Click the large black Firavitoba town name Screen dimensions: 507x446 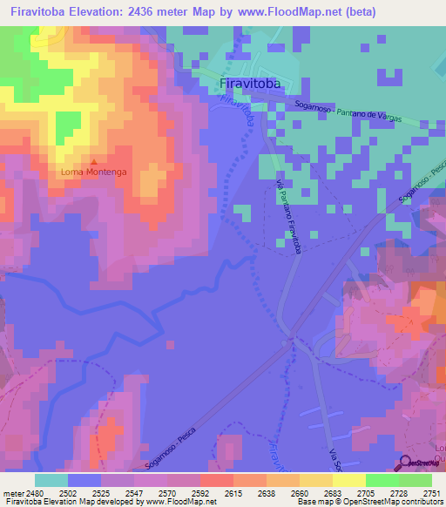(254, 84)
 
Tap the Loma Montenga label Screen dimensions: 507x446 (94, 172)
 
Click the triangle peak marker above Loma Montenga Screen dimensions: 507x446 (94, 162)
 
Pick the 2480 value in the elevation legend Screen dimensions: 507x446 (34, 492)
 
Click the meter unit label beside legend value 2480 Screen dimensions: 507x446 (12, 492)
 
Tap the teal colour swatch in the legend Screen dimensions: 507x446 (51, 480)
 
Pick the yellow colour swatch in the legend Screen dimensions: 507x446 (348, 480)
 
